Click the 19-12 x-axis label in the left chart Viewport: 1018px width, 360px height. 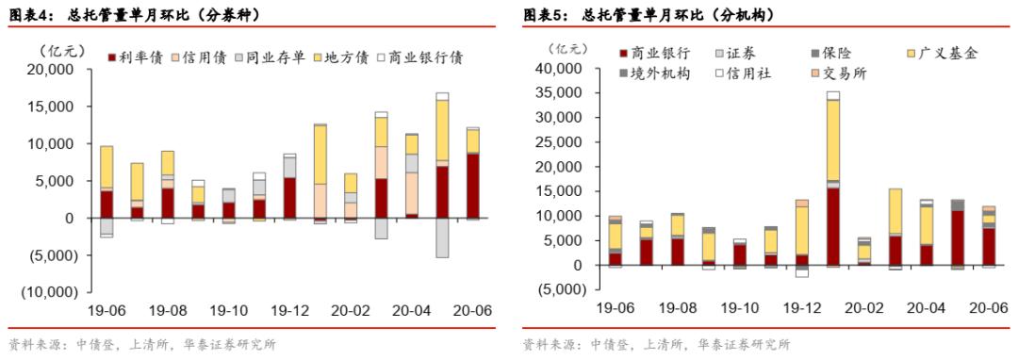[x=289, y=309]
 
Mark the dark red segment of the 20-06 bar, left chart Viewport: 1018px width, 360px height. [x=471, y=186]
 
